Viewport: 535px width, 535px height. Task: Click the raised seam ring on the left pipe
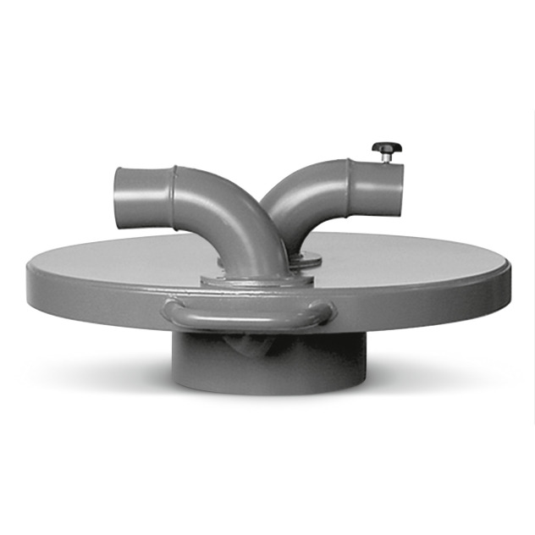coord(174,185)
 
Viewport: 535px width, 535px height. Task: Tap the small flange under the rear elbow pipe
coord(306,259)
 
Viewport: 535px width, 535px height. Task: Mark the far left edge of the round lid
coord(28,273)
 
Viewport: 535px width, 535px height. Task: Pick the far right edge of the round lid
coord(515,271)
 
